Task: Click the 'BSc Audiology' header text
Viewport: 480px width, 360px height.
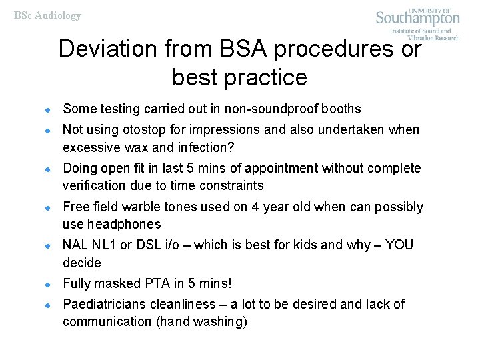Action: [x=48, y=15]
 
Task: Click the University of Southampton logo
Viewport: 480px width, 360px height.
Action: [x=418, y=23]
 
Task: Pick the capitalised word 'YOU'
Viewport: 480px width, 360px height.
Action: [x=399, y=245]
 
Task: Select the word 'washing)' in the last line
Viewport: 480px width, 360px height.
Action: [x=222, y=321]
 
